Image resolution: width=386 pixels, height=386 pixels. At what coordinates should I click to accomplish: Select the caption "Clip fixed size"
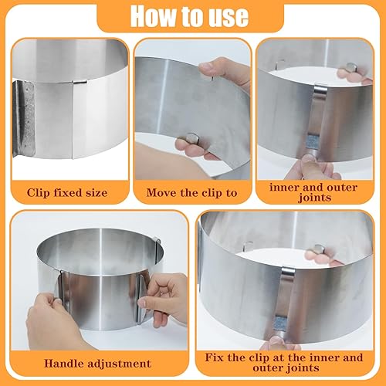click(67, 193)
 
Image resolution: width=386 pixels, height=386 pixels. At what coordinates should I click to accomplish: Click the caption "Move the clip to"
click(191, 193)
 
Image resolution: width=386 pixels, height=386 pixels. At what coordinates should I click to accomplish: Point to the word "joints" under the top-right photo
click(314, 198)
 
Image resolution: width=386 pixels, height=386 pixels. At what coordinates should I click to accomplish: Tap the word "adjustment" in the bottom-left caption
click(119, 364)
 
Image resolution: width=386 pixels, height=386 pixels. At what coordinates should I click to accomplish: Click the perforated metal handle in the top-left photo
click(24, 118)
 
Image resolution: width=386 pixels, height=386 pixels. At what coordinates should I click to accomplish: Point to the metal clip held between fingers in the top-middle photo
click(193, 138)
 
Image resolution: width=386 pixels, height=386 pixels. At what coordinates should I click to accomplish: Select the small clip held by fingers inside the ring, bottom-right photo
click(319, 249)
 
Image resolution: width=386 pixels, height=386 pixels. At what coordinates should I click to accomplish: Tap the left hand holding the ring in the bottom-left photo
click(52, 322)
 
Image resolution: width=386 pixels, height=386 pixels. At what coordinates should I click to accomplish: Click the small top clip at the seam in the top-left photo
click(80, 82)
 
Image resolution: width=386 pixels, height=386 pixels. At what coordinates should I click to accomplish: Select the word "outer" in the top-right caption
click(342, 188)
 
